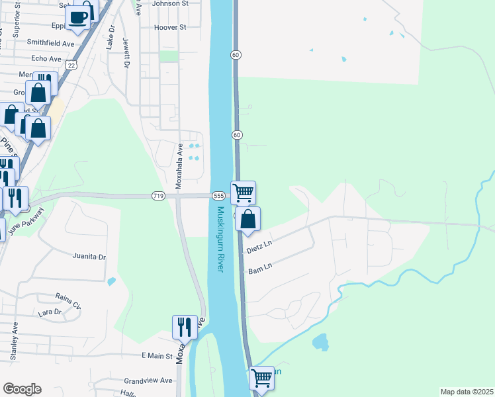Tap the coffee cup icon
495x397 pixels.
point(77,18)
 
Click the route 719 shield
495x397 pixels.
point(157,196)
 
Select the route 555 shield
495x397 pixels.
point(219,197)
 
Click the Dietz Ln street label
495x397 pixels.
point(259,248)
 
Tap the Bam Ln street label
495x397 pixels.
point(260,269)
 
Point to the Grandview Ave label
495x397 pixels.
point(148,381)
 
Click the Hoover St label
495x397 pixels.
point(169,28)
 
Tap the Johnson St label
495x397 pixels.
point(170,3)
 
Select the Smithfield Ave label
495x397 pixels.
point(50,42)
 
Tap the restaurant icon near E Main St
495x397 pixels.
point(185,327)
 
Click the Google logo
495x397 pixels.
point(22,389)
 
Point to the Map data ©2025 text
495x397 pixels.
point(467,392)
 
